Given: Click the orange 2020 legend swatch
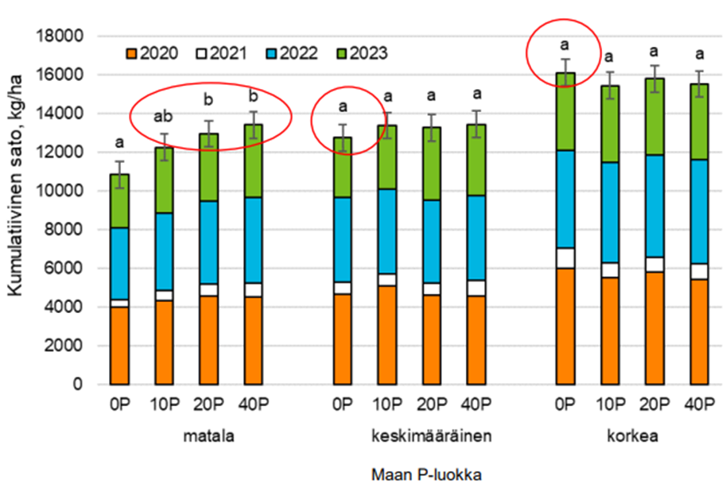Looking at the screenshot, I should [131, 53].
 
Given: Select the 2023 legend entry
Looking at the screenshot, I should [365, 53].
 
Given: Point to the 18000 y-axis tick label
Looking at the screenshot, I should [60, 36].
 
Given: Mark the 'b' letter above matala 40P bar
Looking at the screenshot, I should [252, 97].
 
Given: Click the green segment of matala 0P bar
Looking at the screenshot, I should [118, 200].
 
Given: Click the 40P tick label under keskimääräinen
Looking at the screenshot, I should [476, 405].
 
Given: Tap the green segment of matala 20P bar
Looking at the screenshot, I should [208, 167].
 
